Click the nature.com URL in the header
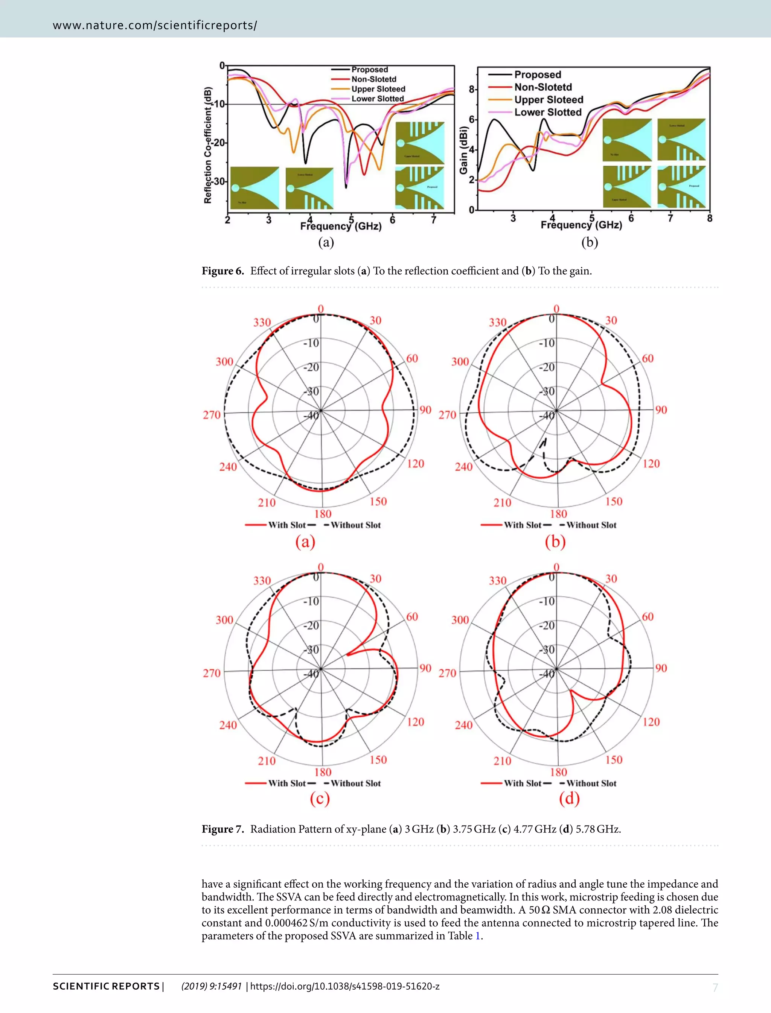(x=155, y=25)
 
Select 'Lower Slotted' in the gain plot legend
(x=547, y=113)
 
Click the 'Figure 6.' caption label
(x=222, y=271)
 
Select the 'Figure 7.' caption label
(x=222, y=829)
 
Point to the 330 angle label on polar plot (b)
(x=497, y=322)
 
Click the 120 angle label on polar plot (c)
(x=415, y=722)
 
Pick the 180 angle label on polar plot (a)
(x=323, y=514)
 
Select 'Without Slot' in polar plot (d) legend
(x=591, y=783)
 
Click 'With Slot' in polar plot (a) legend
(x=287, y=525)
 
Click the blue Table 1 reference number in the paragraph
(x=477, y=936)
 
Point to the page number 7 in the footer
(x=715, y=988)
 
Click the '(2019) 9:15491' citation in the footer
(x=212, y=986)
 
